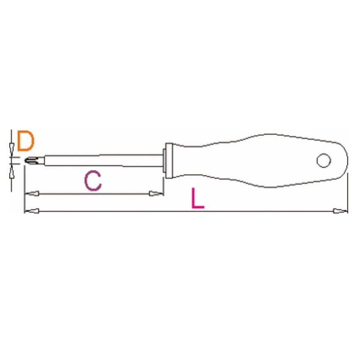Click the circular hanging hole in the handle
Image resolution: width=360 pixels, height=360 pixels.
(324, 160)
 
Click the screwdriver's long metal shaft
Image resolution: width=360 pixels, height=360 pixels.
(103, 160)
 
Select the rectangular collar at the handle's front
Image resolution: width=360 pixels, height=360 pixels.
(169, 161)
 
